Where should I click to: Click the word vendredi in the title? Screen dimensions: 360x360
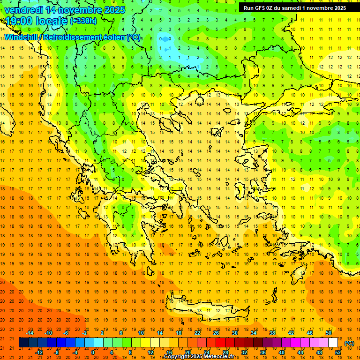coord(24,10)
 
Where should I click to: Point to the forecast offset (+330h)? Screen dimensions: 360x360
coord(83,21)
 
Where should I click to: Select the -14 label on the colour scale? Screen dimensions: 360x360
coord(30,332)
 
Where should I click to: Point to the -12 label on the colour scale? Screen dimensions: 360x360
coord(39,352)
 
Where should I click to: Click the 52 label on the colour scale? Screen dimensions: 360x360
coord(337,352)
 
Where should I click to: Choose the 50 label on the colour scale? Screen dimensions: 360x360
coord(329,332)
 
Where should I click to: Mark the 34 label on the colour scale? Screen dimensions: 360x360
coord(254,332)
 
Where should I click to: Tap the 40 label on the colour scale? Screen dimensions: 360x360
coord(281,352)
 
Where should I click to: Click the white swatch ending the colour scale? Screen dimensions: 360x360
coord(333,343)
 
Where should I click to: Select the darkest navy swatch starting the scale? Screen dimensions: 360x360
coord(23,343)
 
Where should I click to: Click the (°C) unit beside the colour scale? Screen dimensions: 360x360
coord(349,343)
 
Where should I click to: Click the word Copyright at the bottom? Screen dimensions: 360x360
coord(176,357)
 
